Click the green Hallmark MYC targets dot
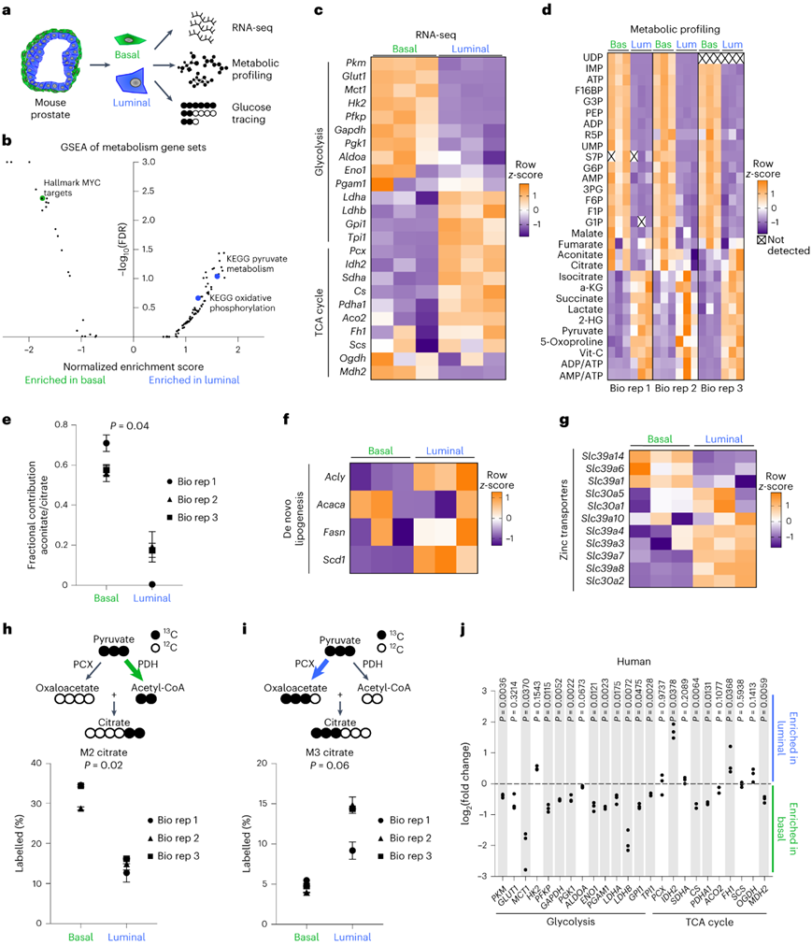(41, 198)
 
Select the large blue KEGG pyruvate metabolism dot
(217, 276)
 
